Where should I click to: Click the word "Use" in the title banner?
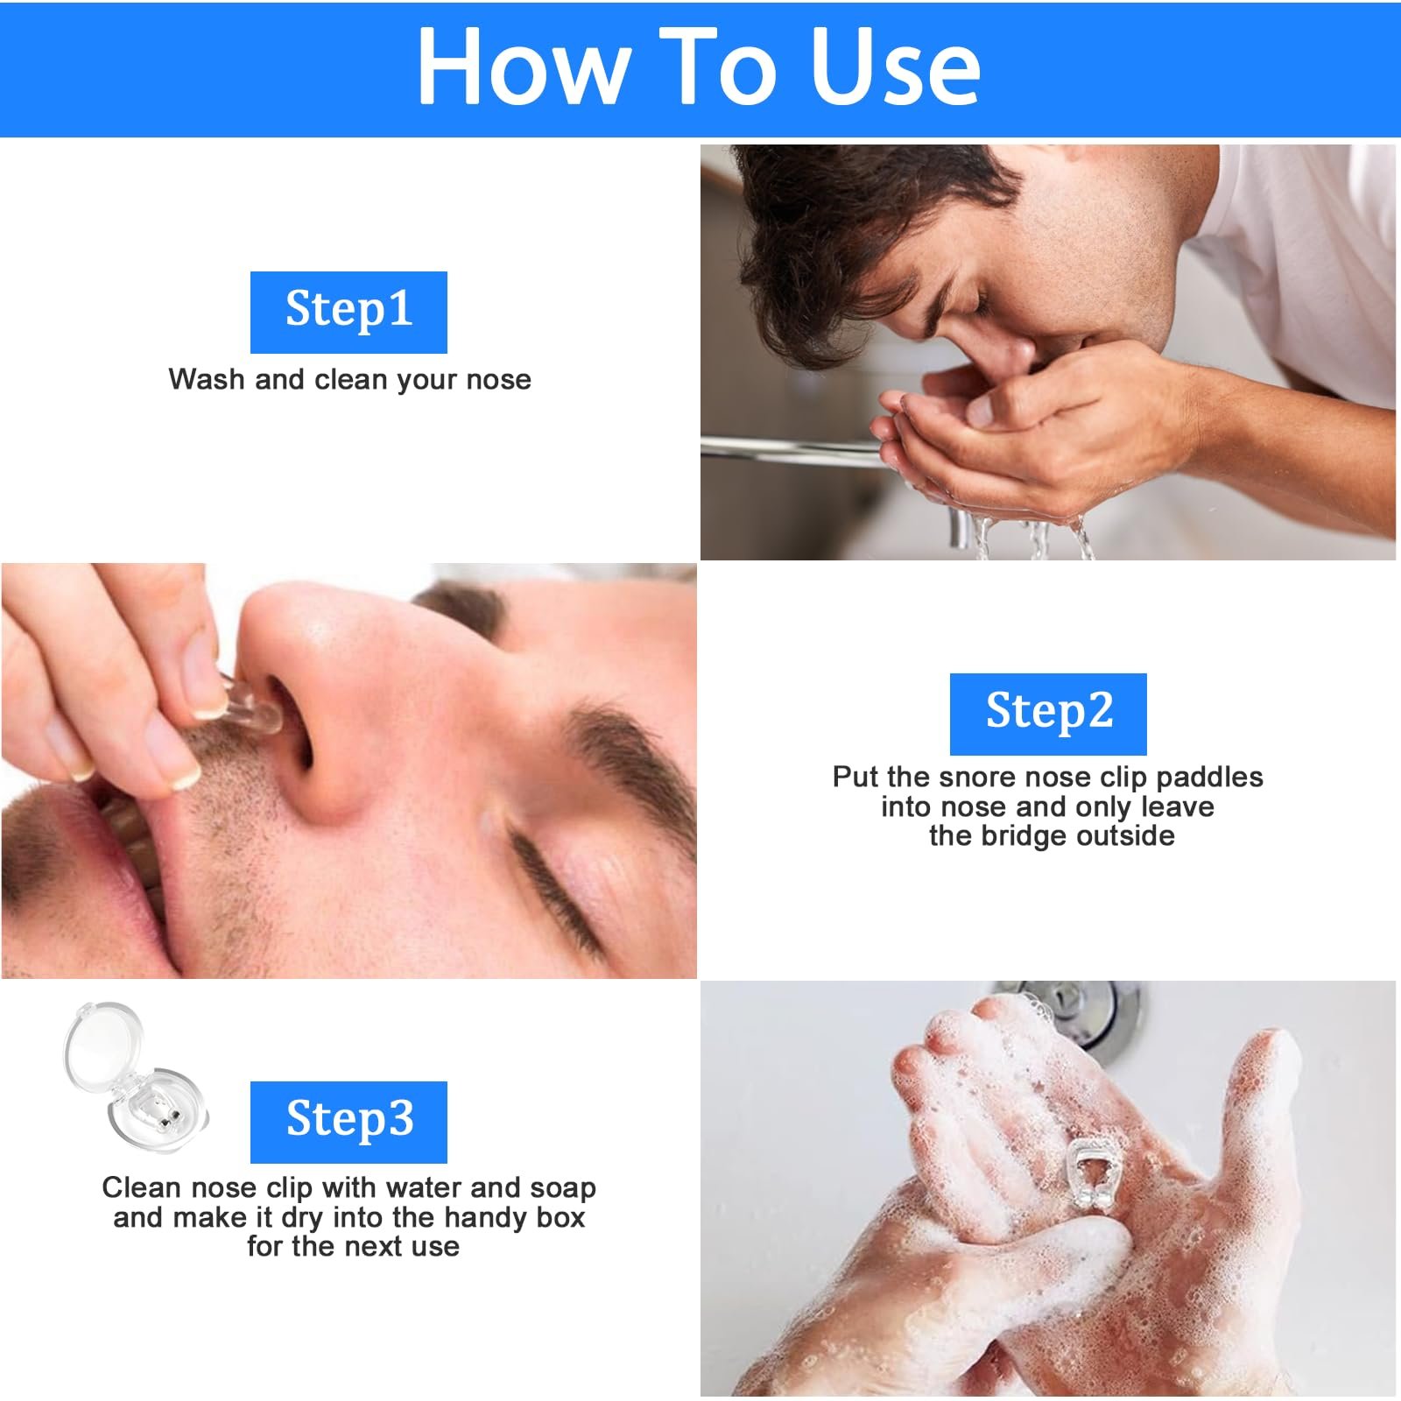tap(894, 67)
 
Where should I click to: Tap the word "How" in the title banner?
tap(524, 67)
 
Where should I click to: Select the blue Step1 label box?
tap(348, 313)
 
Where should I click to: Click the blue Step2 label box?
tap(1048, 714)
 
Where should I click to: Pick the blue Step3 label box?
tap(348, 1122)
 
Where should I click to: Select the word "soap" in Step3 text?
tap(563, 1187)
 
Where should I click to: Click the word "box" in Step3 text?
tap(561, 1217)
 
